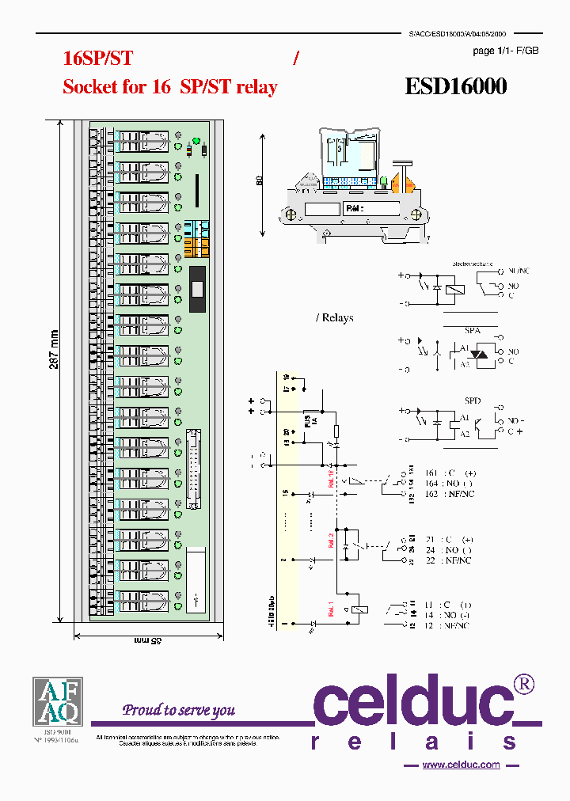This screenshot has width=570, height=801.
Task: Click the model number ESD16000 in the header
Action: click(456, 85)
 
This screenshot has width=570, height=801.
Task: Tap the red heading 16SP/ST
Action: click(97, 58)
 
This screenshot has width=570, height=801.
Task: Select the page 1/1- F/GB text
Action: click(506, 51)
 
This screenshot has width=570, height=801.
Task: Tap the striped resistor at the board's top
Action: click(191, 150)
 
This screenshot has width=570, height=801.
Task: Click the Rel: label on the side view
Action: click(353, 209)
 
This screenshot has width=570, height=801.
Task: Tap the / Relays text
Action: click(335, 317)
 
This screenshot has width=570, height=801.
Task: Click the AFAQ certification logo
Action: click(56, 702)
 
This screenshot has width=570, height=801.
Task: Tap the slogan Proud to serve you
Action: click(179, 709)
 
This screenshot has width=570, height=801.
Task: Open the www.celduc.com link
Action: click(461, 765)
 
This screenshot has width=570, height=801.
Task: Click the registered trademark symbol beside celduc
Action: click(524, 683)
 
